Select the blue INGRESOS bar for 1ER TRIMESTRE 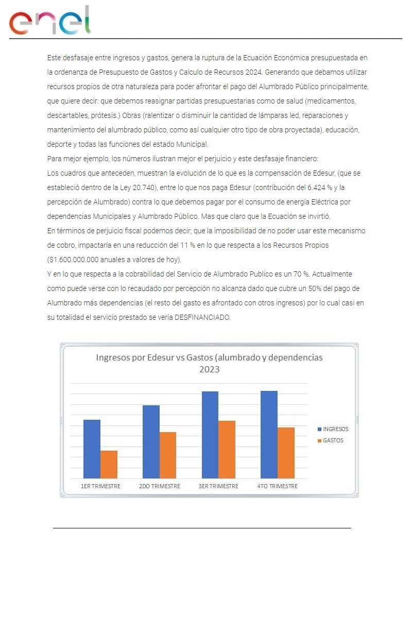[92, 449]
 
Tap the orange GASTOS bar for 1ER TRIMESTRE [109, 465]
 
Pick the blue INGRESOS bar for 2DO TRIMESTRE [151, 442]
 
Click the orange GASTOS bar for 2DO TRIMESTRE [168, 455]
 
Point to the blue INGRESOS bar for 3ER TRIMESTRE [210, 435]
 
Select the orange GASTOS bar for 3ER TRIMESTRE [227, 450]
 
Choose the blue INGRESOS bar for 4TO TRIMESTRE [269, 435]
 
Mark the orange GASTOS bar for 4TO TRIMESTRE [286, 453]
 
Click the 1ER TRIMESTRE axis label [100, 486]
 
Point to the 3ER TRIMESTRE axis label [218, 486]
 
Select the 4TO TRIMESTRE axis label [278, 486]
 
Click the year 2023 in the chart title [210, 369]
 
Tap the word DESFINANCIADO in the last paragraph [202, 317]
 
